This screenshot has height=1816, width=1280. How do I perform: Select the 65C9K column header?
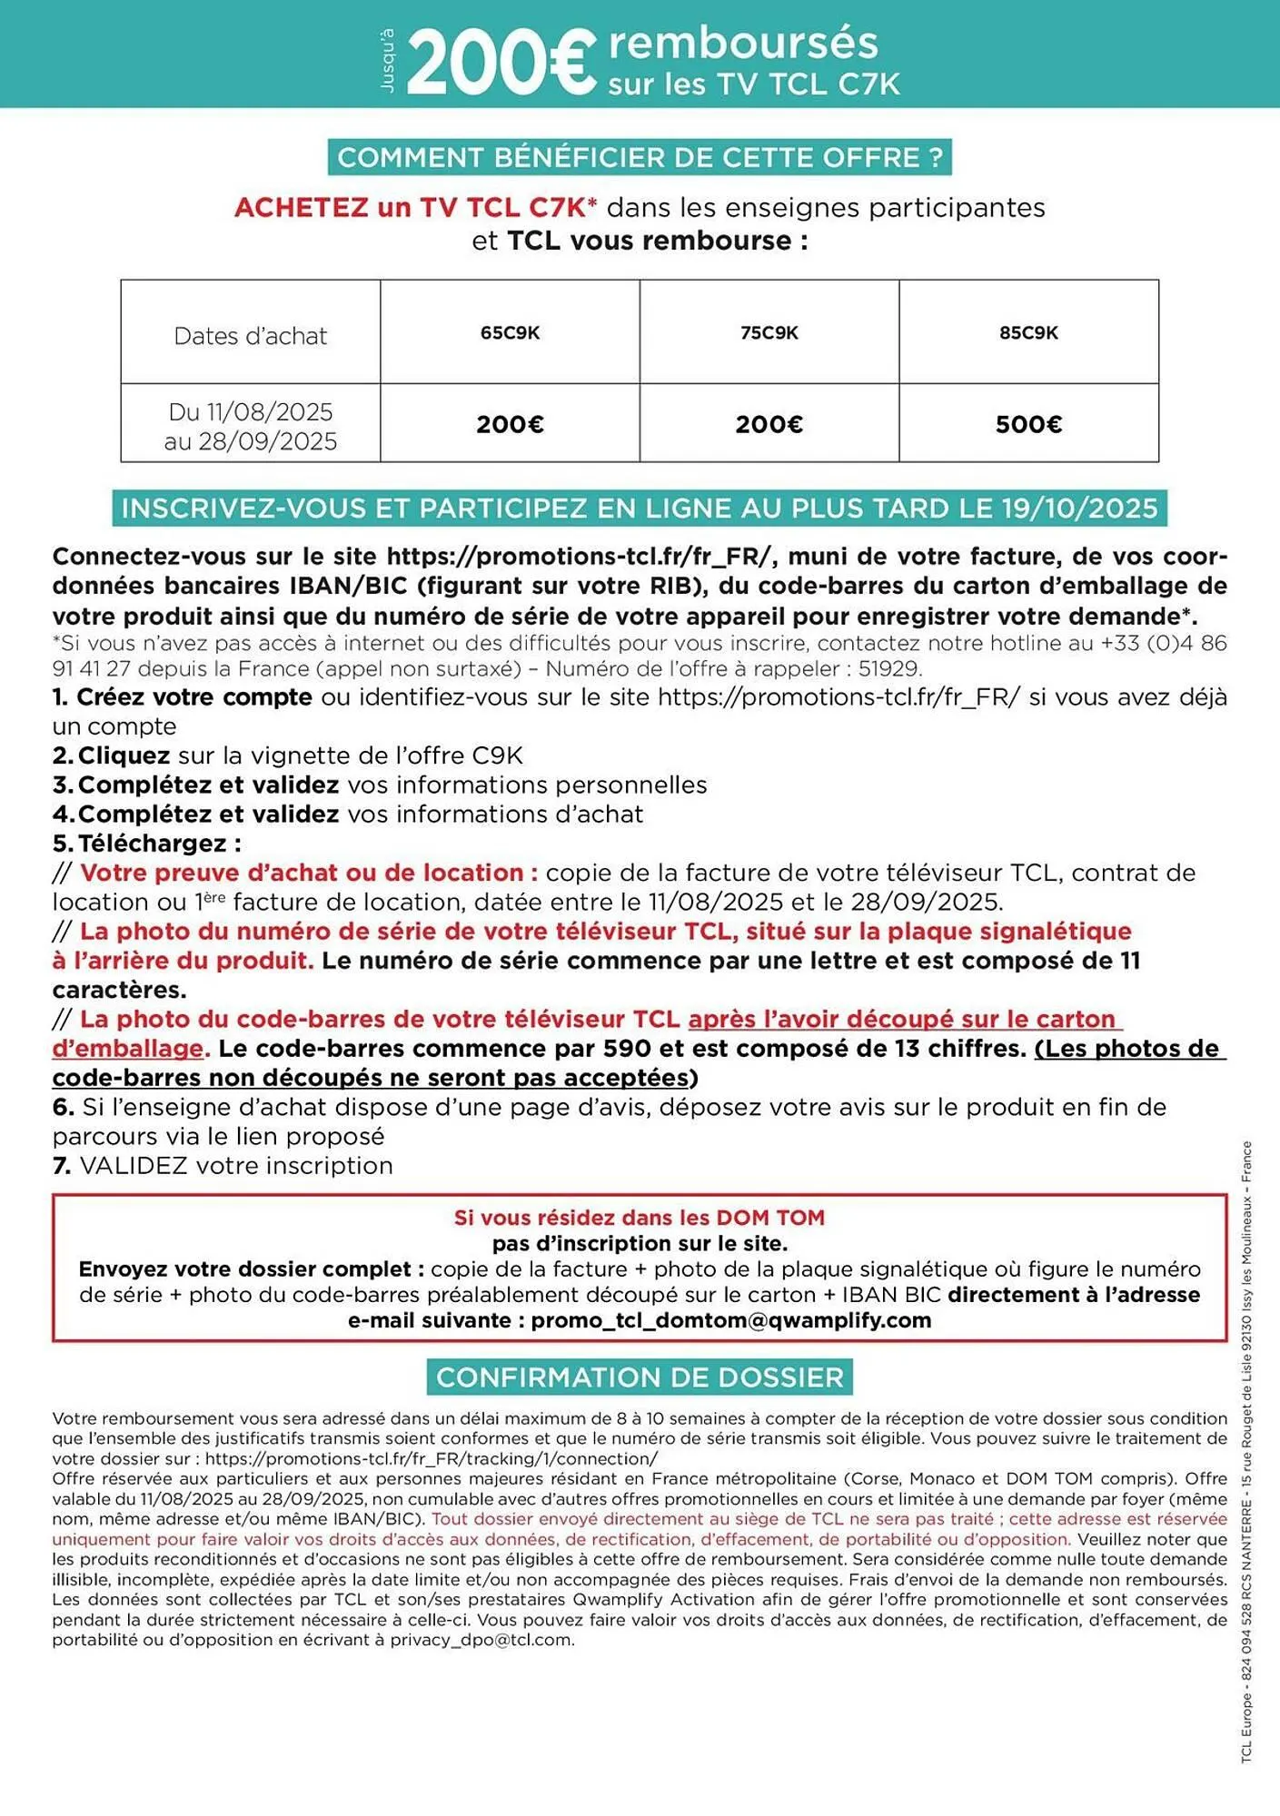[x=510, y=333]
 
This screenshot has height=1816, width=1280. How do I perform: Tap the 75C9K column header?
[x=769, y=333]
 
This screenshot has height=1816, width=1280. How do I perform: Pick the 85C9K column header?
[x=1028, y=333]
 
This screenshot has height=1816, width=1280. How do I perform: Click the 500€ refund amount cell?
[x=1028, y=424]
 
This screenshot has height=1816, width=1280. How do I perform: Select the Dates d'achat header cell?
[x=250, y=336]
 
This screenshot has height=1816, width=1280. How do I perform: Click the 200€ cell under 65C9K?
[x=510, y=424]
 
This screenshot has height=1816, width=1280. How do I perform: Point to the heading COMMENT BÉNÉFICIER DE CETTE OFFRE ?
[x=640, y=158]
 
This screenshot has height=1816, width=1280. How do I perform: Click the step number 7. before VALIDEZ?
[x=62, y=1166]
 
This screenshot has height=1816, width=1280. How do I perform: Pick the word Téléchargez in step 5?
[x=154, y=844]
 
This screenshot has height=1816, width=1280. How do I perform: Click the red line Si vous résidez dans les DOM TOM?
[x=640, y=1218]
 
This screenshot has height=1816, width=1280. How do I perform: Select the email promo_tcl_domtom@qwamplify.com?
[x=731, y=1320]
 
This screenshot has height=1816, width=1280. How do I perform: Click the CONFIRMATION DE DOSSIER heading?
[x=640, y=1377]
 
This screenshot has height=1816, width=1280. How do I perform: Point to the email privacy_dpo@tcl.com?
[x=481, y=1640]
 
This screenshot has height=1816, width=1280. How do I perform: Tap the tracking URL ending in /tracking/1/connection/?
[x=432, y=1459]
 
